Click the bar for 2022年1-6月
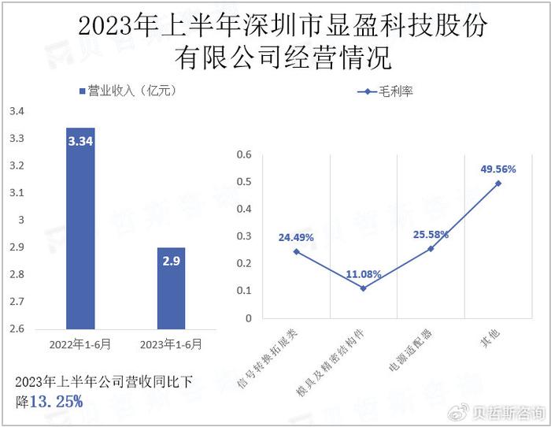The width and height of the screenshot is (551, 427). point(80,228)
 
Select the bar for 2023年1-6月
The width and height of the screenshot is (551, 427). point(171,288)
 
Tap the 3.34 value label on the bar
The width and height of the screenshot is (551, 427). point(80,141)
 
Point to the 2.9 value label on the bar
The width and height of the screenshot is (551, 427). point(171,261)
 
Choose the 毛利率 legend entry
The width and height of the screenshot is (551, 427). point(386,91)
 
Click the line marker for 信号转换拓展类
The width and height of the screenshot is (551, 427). point(296,251)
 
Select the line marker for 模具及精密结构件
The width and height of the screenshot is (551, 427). point(364,288)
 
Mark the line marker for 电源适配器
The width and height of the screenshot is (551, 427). point(431,248)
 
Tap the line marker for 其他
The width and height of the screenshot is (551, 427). point(498,183)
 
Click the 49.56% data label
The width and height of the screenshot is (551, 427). point(498,169)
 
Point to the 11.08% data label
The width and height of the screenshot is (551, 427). point(364,274)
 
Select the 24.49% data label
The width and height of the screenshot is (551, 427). point(296,236)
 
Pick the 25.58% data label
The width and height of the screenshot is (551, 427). point(431,234)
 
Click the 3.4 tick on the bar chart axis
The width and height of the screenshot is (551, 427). point(17,112)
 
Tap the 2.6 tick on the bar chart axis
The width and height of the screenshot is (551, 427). point(17,329)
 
